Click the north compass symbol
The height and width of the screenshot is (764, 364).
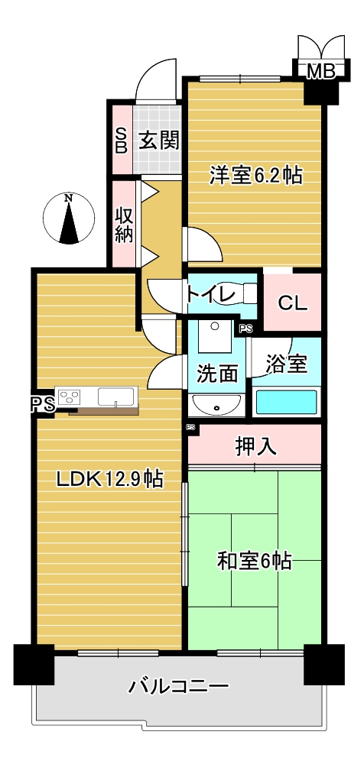(69, 218)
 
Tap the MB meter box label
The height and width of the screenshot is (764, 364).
(321, 72)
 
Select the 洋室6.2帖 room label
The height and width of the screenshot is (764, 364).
(255, 176)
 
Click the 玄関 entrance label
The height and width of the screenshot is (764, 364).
(158, 141)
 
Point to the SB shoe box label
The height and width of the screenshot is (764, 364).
(121, 141)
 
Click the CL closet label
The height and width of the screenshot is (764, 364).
(293, 303)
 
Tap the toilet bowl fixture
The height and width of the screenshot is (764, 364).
(239, 294)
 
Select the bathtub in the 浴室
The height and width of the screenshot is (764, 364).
(287, 403)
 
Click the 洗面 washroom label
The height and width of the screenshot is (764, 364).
(217, 374)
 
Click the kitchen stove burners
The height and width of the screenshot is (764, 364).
(70, 397)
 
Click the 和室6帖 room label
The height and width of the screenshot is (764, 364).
(254, 561)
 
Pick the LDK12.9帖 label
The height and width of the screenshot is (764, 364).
(109, 481)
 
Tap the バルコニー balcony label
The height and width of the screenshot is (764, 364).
(178, 687)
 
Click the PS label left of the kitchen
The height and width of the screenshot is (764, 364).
(42, 404)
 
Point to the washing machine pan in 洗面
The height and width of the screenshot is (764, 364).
(215, 335)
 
